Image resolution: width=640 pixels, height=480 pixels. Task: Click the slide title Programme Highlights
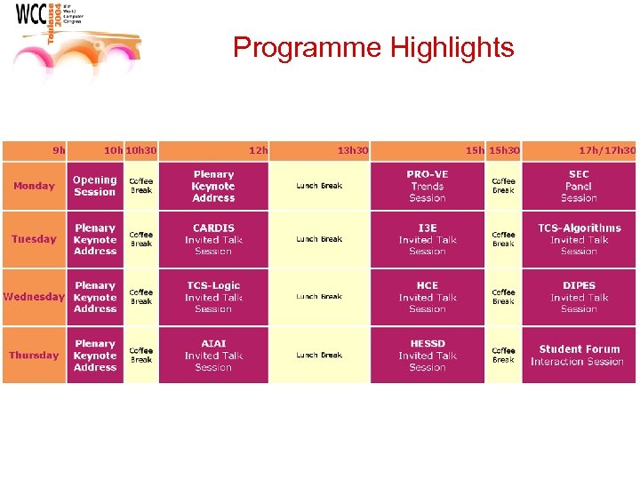point(373,47)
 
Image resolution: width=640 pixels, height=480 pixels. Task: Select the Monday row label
point(34,186)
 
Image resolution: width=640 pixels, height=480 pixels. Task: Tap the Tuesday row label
point(34,239)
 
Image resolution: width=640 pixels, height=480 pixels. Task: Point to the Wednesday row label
point(34,297)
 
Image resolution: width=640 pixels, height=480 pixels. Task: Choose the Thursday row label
point(34,356)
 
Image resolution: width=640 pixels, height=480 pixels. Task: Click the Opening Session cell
point(95,186)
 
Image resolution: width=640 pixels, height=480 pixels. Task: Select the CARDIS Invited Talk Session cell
point(213,239)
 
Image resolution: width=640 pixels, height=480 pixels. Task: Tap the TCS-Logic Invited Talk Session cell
point(213,297)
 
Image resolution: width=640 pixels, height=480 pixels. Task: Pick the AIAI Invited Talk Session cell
point(213,356)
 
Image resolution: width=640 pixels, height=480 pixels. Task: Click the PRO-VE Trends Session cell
point(428,186)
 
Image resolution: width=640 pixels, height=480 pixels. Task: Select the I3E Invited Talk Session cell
point(428,239)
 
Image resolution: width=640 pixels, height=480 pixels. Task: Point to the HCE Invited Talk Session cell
point(428,297)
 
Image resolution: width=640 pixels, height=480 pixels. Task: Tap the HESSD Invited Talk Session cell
point(428,356)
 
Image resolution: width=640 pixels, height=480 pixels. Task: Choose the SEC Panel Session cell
point(579,186)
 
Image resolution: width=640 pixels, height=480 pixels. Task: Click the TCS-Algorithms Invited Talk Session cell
point(579,239)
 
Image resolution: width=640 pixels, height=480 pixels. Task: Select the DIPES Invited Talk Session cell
point(579,297)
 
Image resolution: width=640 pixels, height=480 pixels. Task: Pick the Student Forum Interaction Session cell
point(579,356)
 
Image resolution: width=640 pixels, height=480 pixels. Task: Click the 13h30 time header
point(353,150)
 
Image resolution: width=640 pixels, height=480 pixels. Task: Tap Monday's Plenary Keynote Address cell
point(213,186)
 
